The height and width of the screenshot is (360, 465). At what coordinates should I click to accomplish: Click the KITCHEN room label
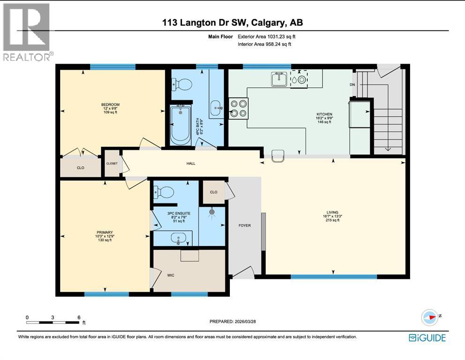(x=324, y=114)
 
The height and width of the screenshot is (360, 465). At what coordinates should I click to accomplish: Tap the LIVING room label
(x=333, y=212)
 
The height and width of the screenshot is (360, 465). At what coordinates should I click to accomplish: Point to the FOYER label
(x=244, y=225)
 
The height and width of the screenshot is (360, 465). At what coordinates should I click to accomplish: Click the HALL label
(x=190, y=163)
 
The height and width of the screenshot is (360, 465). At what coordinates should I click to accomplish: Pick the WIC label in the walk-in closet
(x=171, y=275)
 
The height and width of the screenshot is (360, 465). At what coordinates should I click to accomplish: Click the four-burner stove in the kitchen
(x=238, y=108)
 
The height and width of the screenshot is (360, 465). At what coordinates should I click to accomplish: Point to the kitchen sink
(x=279, y=80)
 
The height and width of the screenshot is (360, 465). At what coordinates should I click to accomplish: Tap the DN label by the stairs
(x=352, y=85)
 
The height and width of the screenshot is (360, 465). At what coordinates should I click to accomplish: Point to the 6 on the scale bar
(x=78, y=317)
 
